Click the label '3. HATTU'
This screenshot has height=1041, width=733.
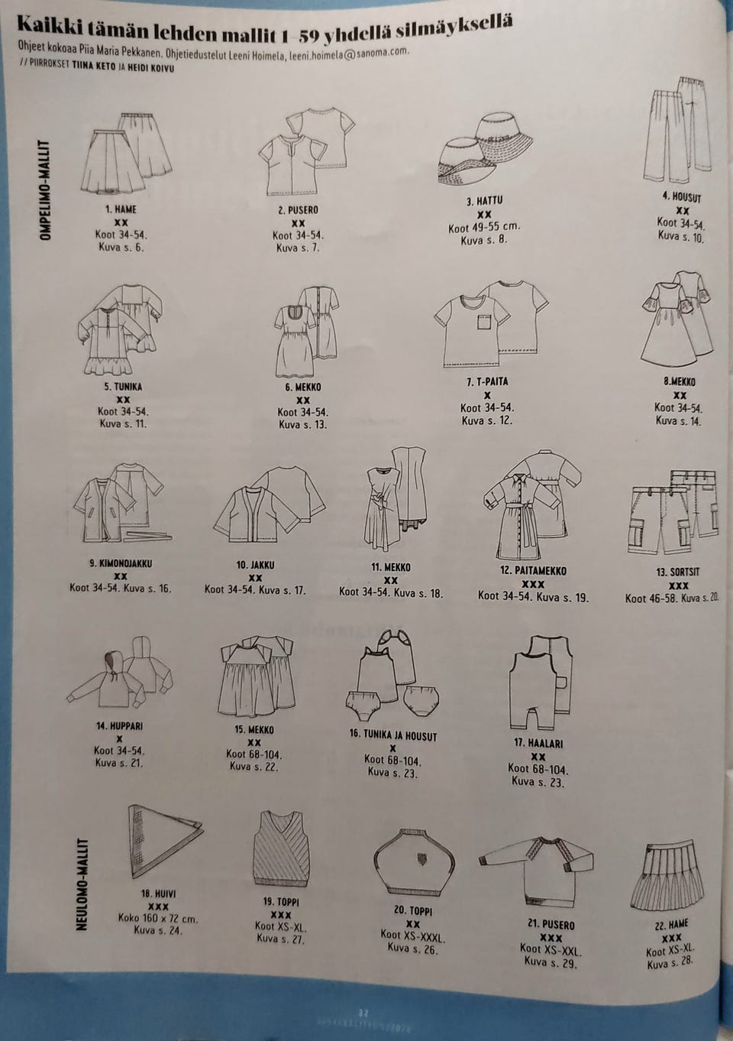(484, 201)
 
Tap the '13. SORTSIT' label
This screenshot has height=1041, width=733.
(678, 572)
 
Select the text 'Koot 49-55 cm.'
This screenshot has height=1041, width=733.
(484, 228)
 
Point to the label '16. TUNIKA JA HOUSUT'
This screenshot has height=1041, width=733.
(393, 736)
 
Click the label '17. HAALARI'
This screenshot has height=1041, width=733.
(538, 744)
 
